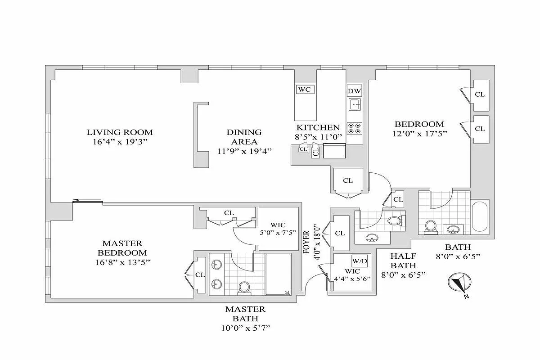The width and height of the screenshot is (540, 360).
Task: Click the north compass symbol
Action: point(459,284)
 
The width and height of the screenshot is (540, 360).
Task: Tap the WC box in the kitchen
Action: point(305,89)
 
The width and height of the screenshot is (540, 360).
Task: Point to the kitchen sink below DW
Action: point(355,105)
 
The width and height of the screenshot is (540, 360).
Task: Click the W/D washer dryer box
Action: point(359,261)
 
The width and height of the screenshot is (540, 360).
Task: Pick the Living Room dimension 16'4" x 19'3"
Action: point(120,142)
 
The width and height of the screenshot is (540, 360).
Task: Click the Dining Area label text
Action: point(244,137)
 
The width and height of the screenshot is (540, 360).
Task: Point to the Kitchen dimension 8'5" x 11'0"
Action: point(318,137)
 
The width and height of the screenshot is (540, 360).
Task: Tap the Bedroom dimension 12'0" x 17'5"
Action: point(419,134)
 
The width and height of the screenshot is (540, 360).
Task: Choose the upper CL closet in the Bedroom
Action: point(480,94)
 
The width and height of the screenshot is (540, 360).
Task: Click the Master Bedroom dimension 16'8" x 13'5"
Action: point(122,262)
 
